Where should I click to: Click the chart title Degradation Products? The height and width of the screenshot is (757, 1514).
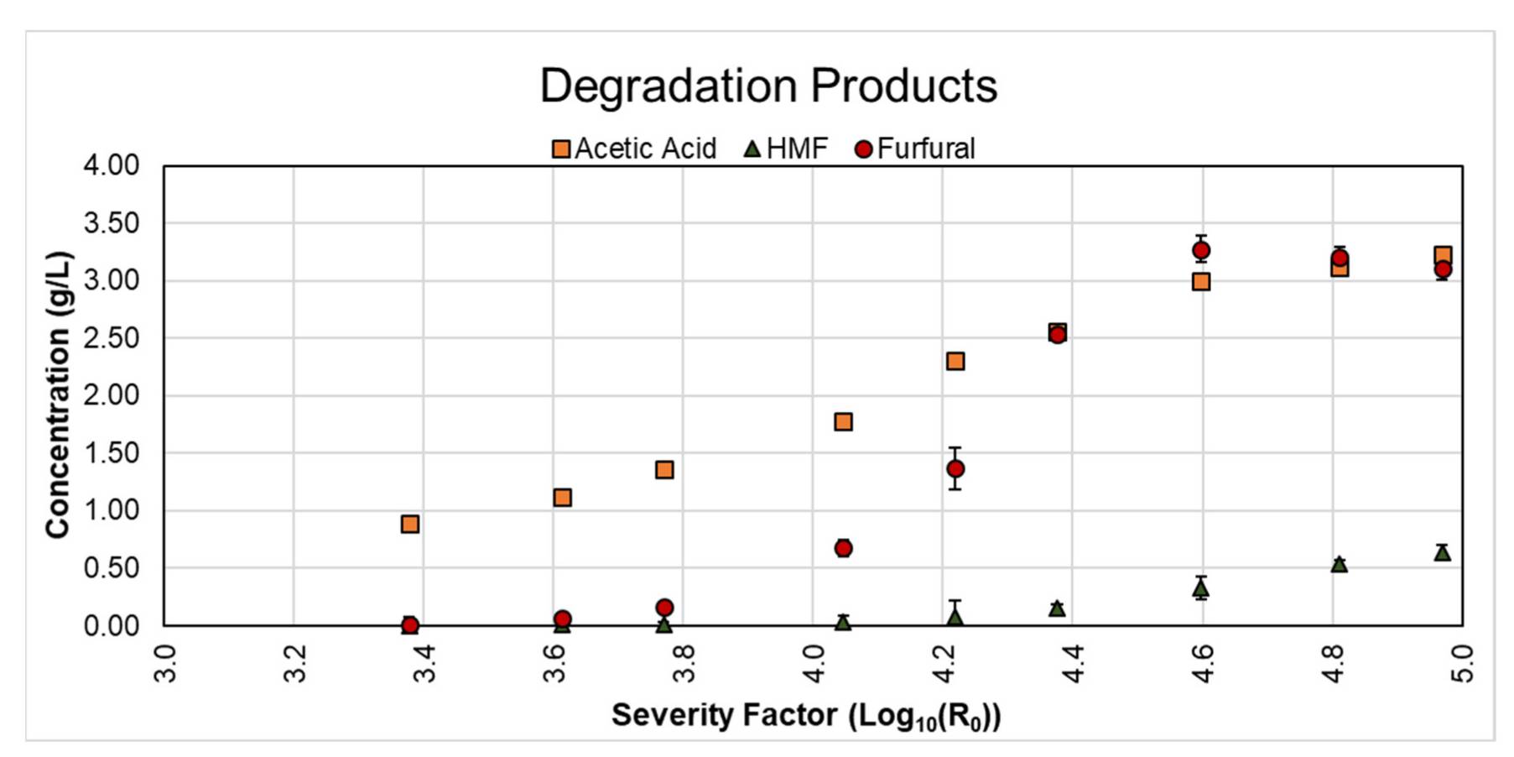pyautogui.click(x=767, y=86)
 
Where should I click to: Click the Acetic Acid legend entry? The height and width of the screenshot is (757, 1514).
pyautogui.click(x=634, y=149)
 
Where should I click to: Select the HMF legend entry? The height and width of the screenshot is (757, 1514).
pyautogui.click(x=786, y=149)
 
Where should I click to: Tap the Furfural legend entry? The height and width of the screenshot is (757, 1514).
pyautogui.click(x=915, y=149)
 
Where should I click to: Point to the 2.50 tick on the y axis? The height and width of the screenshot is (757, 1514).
pyautogui.click(x=112, y=338)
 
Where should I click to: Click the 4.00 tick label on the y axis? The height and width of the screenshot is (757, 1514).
pyautogui.click(x=112, y=165)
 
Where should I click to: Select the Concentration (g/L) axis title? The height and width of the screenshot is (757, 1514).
pyautogui.click(x=58, y=394)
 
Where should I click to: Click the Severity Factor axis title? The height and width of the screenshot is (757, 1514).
pyautogui.click(x=806, y=716)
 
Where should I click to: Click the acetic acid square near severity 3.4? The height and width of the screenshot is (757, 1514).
pyautogui.click(x=410, y=524)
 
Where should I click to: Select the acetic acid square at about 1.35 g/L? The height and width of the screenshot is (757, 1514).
pyautogui.click(x=664, y=469)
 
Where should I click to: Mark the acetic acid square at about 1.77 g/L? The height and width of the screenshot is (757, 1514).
pyautogui.click(x=843, y=421)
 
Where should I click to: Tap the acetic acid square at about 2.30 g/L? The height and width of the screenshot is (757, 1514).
pyautogui.click(x=955, y=361)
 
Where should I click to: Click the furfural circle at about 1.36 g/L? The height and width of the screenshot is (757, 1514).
pyautogui.click(x=955, y=468)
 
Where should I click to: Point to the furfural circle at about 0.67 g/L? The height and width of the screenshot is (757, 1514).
pyautogui.click(x=843, y=548)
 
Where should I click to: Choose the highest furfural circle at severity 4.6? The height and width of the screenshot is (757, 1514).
pyautogui.click(x=1201, y=250)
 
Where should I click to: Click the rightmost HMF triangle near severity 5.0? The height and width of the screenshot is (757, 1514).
pyautogui.click(x=1442, y=552)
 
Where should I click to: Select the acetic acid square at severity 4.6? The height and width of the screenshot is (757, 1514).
pyautogui.click(x=1201, y=281)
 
